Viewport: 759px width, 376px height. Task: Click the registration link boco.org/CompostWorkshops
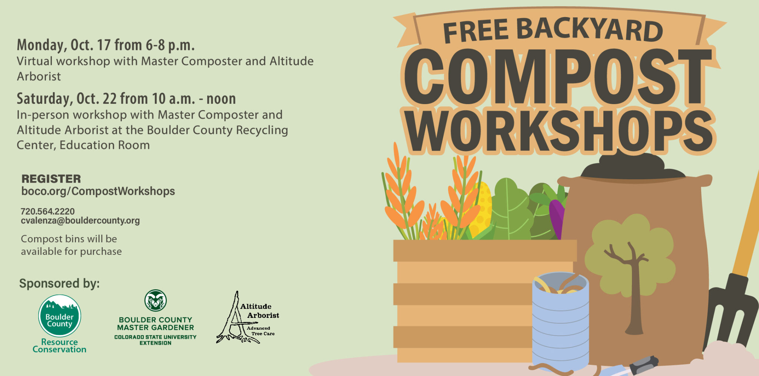(x=98, y=191)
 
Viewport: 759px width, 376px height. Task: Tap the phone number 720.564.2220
(x=47, y=211)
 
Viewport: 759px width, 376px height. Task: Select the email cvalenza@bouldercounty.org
(x=80, y=220)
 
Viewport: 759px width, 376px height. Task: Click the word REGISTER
(x=51, y=179)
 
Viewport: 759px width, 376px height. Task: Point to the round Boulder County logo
(x=59, y=316)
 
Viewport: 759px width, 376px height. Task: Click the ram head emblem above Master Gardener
(x=156, y=300)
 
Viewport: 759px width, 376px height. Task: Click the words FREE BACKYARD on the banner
(x=552, y=30)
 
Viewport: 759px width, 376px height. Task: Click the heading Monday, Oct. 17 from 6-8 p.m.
(x=106, y=45)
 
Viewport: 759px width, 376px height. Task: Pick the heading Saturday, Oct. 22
(x=126, y=99)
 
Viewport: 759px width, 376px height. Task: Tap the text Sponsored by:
(x=59, y=283)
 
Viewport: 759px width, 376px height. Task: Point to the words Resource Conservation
(x=59, y=346)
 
